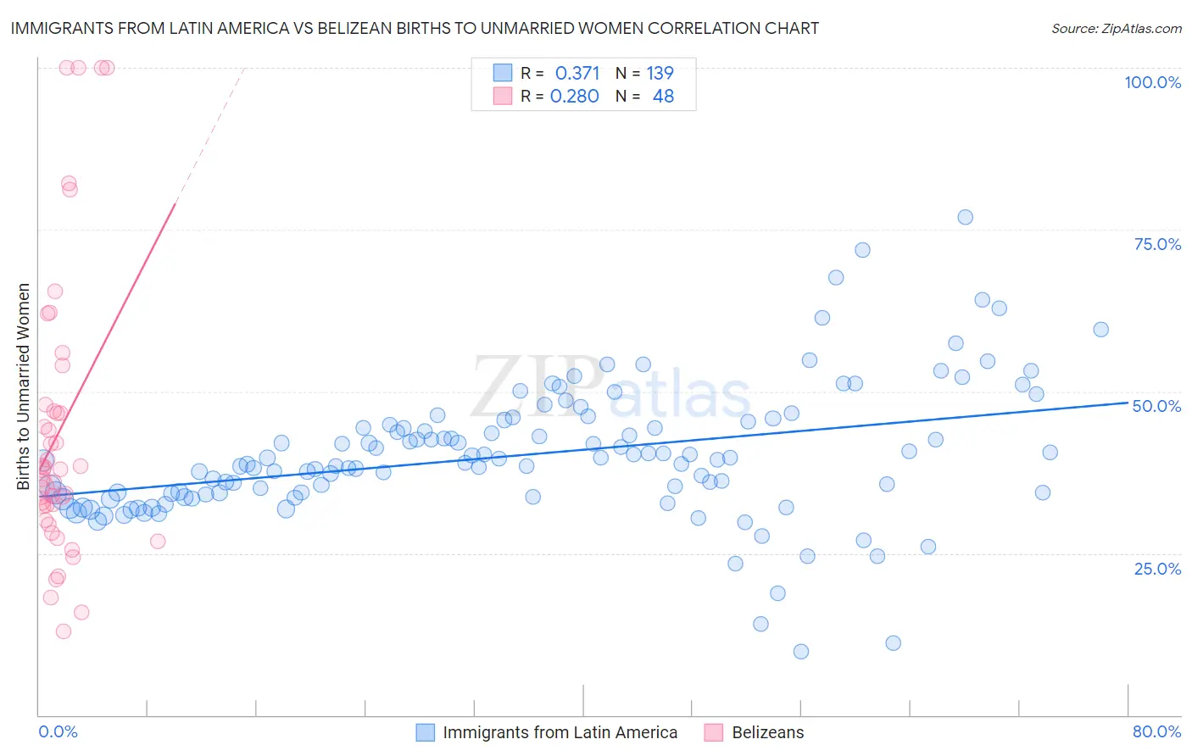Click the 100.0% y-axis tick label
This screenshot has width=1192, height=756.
1152,82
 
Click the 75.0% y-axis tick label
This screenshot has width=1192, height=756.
1157,244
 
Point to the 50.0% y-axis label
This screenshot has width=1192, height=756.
1156,406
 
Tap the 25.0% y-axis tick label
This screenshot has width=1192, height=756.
1157,568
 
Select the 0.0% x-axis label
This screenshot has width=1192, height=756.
58,731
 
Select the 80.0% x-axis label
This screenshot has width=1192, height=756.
1156,731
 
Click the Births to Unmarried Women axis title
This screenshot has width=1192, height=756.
23,386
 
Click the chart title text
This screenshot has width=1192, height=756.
415,28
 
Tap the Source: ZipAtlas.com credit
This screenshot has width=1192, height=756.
1116,28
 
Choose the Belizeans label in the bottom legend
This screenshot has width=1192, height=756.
767,732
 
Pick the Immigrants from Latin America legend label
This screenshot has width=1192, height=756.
560,732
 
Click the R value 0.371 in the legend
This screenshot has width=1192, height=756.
577,73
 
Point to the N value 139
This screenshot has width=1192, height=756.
660,73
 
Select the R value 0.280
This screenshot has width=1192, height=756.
574,96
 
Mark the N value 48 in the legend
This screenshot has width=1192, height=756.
663,96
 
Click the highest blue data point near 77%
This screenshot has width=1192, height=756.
965,217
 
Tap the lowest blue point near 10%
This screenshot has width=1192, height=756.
801,651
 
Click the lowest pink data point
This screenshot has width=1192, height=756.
63,631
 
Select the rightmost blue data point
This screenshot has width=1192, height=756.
1100,330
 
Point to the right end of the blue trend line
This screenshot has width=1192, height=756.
1128,403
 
